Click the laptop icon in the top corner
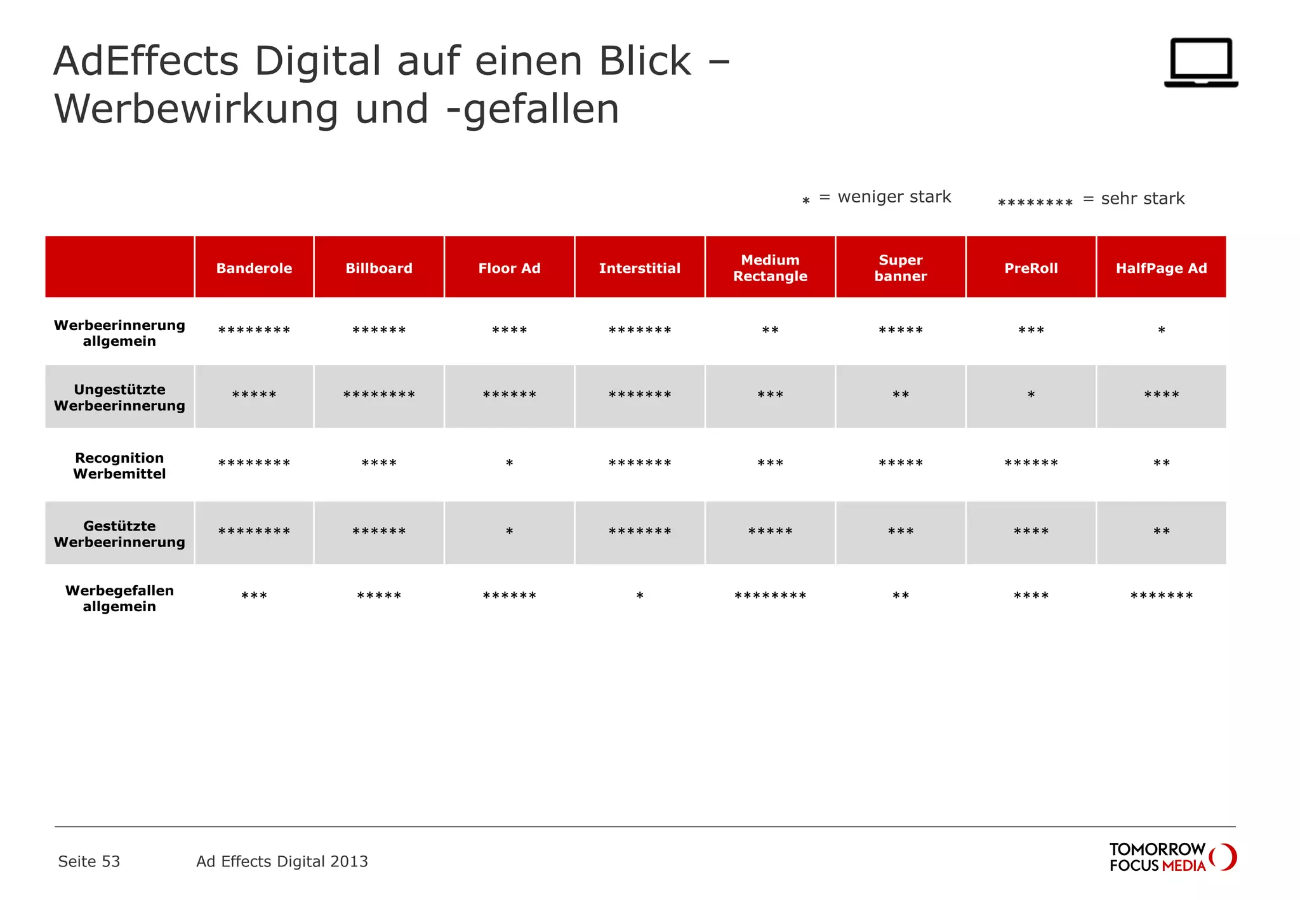click(x=1200, y=62)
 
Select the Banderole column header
click(x=254, y=268)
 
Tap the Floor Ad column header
click(x=509, y=268)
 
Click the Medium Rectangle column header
click(x=770, y=268)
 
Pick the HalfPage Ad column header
click(x=1161, y=268)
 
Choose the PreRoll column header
click(x=1031, y=268)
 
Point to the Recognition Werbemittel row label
click(x=119, y=466)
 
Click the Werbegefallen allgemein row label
click(x=119, y=599)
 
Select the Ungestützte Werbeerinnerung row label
click(x=119, y=397)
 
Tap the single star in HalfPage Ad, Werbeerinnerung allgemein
click(x=1161, y=331)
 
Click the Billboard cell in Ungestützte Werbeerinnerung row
click(x=379, y=395)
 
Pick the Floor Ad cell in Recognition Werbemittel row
click(x=509, y=464)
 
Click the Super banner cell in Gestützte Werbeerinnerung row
click(x=901, y=532)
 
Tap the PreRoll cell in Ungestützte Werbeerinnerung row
click(x=1031, y=395)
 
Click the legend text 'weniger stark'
click(x=894, y=197)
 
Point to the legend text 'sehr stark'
click(x=1143, y=199)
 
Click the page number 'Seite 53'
click(x=89, y=861)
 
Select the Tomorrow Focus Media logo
click(x=1172, y=857)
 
